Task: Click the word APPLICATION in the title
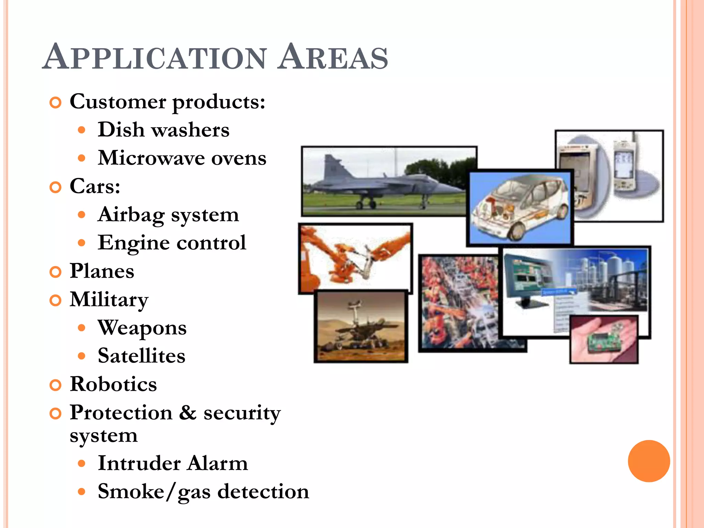pyautogui.click(x=155, y=57)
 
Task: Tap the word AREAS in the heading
pyautogui.click(x=333, y=57)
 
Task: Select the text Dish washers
pyautogui.click(x=163, y=130)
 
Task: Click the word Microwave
pyautogui.click(x=151, y=158)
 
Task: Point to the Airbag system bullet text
pyautogui.click(x=168, y=215)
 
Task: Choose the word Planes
pyautogui.click(x=102, y=271)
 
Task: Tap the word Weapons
pyautogui.click(x=142, y=328)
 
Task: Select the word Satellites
pyautogui.click(x=141, y=356)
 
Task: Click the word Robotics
pyautogui.click(x=113, y=384)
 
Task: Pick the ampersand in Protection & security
pyautogui.click(x=188, y=412)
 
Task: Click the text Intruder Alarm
pyautogui.click(x=173, y=463)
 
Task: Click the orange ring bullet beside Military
pyautogui.click(x=55, y=300)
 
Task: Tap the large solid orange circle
pyautogui.click(x=649, y=461)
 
